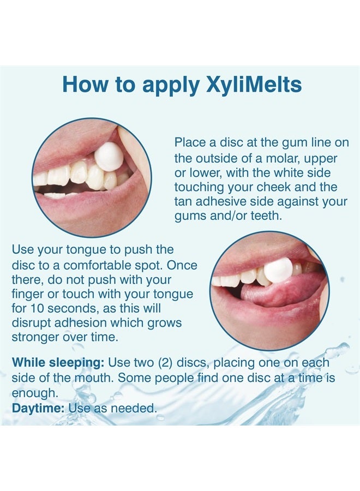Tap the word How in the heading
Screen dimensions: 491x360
pyautogui.click(x=85, y=85)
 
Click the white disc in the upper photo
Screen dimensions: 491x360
pyautogui.click(x=109, y=157)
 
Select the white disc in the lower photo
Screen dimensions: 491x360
pyautogui.click(x=278, y=270)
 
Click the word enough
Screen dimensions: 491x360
pyautogui.click(x=34, y=392)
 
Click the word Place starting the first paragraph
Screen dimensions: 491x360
pyautogui.click(x=190, y=142)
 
